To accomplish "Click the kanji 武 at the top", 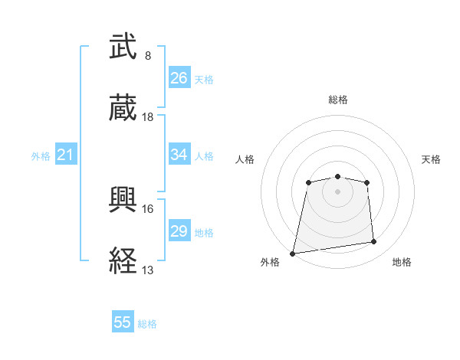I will click(123, 47).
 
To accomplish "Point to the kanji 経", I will click(123, 260).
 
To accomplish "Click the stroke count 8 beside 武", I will click(148, 56).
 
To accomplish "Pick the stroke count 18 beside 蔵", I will click(148, 117).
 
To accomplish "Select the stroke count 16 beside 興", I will click(148, 208).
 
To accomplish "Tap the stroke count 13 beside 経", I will click(148, 270).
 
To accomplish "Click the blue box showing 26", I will click(179, 77).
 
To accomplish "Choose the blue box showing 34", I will click(179, 155).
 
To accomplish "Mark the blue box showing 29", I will click(179, 231).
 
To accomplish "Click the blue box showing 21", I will click(66, 155).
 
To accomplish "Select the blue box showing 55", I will click(123, 322).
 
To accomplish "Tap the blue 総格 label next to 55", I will click(147, 324).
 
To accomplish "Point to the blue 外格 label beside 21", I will click(41, 156).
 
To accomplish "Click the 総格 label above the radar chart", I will click(338, 100).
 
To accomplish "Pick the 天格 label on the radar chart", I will click(432, 159).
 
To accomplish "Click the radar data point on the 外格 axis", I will click(293, 253).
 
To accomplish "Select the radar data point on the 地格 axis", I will click(374, 242).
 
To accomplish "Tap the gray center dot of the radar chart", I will click(338, 191).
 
